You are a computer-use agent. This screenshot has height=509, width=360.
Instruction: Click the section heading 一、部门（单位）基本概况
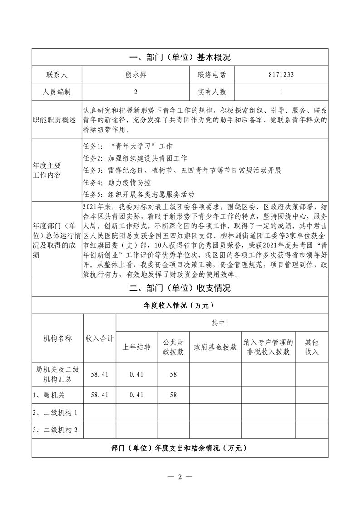[x=180, y=58]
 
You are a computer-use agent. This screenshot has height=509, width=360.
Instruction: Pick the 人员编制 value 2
[x=135, y=92]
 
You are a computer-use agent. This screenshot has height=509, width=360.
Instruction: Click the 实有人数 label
[x=212, y=92]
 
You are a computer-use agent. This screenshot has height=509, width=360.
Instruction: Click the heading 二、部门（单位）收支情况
[x=180, y=289]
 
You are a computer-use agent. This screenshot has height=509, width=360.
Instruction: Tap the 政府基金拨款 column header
[x=215, y=347]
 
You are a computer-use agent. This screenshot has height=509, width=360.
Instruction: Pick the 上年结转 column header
[x=137, y=347]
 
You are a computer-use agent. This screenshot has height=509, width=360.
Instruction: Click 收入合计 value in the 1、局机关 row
[x=100, y=395]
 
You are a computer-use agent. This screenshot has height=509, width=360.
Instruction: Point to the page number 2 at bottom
[x=180, y=477]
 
